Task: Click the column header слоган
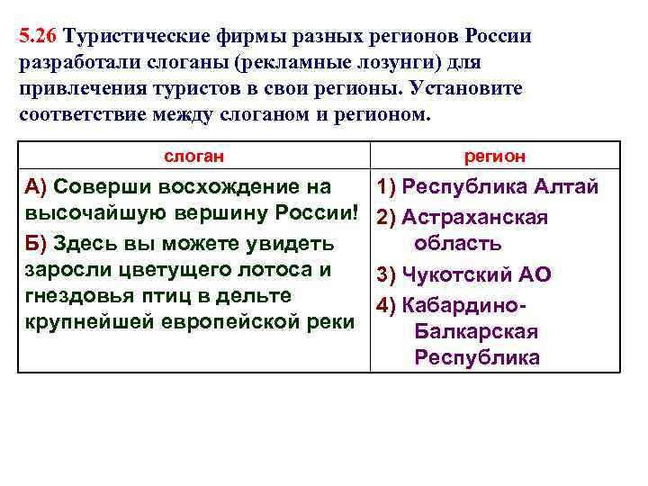click(193, 157)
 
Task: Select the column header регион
click(495, 157)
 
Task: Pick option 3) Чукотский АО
click(463, 275)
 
